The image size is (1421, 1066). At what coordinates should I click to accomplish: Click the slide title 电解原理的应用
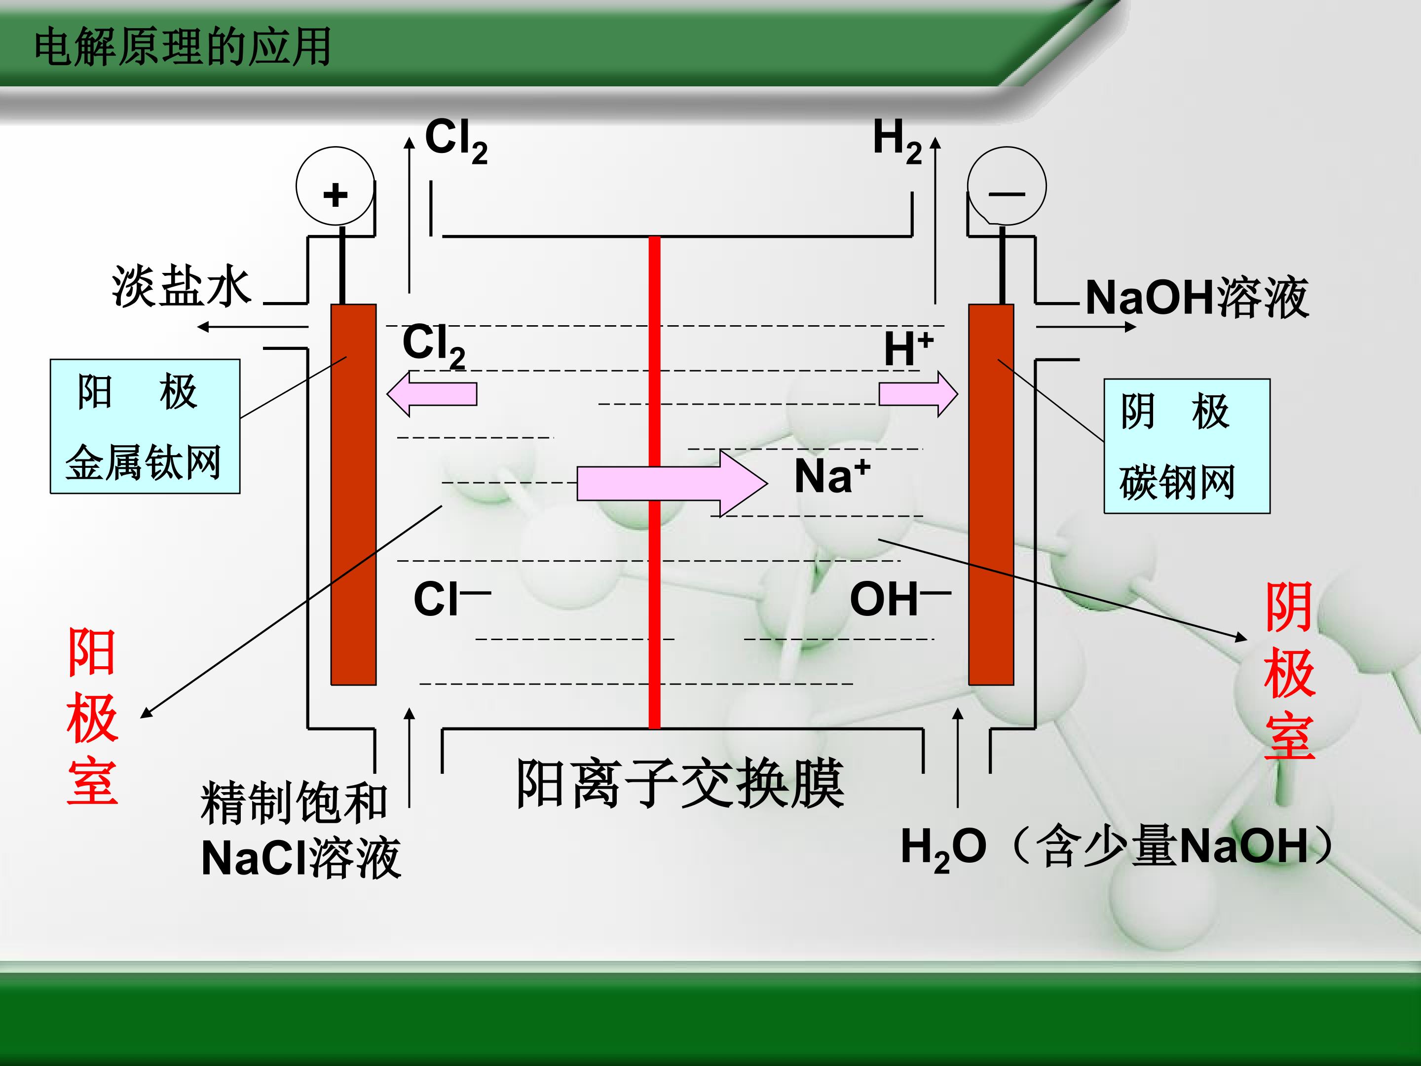click(183, 47)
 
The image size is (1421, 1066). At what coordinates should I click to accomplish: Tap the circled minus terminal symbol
click(1007, 187)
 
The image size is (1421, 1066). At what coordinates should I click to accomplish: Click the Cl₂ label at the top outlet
click(456, 141)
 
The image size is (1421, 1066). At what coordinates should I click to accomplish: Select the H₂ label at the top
click(897, 141)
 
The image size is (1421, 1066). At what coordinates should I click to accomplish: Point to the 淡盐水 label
click(181, 286)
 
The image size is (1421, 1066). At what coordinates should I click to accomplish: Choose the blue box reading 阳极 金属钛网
click(145, 427)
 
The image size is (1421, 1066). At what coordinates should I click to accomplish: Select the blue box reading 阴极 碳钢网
click(1187, 446)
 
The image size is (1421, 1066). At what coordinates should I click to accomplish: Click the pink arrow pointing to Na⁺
click(672, 483)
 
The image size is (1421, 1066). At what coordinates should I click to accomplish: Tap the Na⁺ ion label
click(832, 476)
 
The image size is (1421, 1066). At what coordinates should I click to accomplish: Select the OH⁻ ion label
click(900, 598)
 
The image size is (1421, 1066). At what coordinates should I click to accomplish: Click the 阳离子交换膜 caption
click(680, 783)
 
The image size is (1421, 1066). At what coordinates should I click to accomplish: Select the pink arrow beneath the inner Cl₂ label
click(431, 394)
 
